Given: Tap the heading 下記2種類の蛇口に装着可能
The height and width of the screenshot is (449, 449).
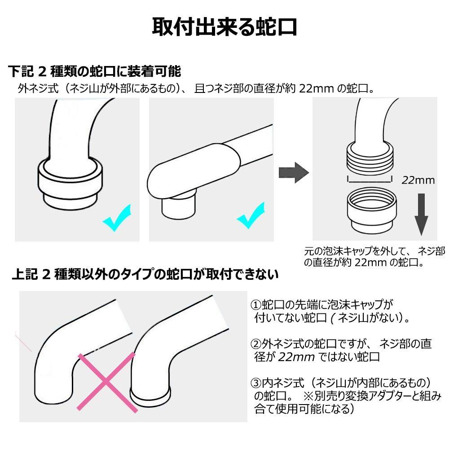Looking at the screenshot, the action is (x=94, y=71).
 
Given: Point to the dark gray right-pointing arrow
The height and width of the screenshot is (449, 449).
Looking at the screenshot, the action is (x=294, y=173).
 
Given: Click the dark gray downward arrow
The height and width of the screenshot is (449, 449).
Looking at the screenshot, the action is (x=421, y=215).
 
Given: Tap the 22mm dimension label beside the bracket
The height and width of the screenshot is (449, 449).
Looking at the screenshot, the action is (x=418, y=180).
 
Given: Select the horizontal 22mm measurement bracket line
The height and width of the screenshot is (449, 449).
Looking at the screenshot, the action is (x=370, y=181).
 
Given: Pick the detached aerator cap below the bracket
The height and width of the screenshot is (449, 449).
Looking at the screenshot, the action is (x=372, y=212).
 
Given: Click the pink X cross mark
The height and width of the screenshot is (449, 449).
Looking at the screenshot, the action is (x=106, y=382).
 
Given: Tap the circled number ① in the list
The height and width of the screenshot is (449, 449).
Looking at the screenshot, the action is (x=256, y=305).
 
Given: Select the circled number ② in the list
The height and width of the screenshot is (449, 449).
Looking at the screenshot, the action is (x=256, y=343).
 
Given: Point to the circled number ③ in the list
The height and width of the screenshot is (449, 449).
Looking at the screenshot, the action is (x=256, y=383).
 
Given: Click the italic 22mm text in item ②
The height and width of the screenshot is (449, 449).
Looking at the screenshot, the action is (x=296, y=357).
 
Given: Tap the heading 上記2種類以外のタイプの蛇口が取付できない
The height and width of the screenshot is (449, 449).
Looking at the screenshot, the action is (x=145, y=274).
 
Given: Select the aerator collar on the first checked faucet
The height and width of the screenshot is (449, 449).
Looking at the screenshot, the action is (x=70, y=184).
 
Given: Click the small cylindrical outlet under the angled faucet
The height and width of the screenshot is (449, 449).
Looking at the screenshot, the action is (x=179, y=205).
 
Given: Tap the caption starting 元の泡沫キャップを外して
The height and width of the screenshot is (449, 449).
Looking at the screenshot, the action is (x=374, y=256).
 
